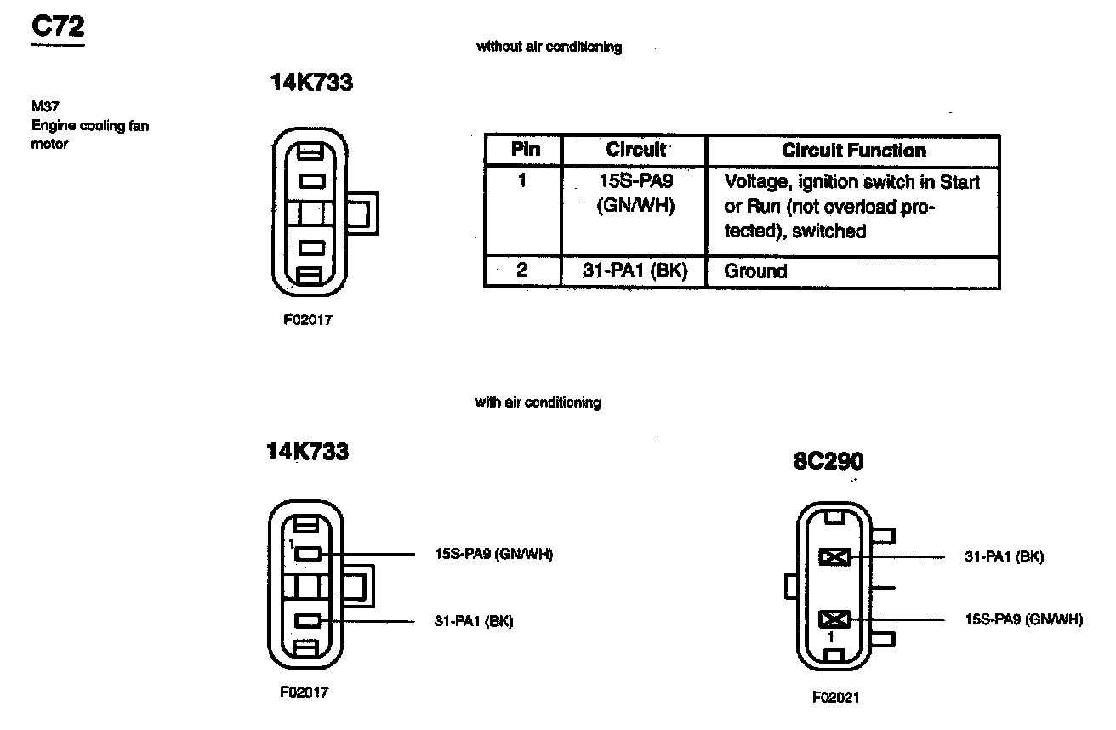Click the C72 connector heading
(58, 27)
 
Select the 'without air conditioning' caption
(549, 48)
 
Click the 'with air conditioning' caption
(538, 402)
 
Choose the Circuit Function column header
(853, 151)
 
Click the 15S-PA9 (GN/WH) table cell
(635, 193)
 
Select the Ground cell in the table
(756, 271)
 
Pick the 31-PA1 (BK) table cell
(635, 271)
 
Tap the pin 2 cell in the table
(522, 271)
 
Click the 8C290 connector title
(828, 461)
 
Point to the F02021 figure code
(835, 698)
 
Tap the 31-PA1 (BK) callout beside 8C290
(1004, 557)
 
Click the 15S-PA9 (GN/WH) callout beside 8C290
(1023, 619)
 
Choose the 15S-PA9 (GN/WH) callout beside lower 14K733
(493, 555)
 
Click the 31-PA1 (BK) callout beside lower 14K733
(473, 621)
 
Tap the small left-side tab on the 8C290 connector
(790, 585)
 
